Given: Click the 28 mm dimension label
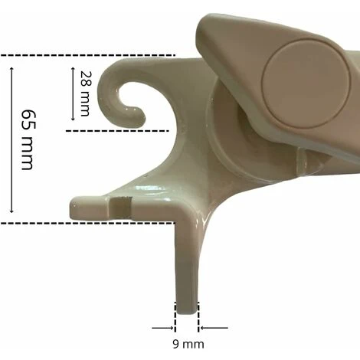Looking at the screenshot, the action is point(85,93).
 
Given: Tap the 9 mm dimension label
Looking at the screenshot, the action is point(188,344).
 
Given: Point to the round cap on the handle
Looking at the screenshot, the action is point(306,83).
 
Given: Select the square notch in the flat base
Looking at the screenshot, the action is point(120,208).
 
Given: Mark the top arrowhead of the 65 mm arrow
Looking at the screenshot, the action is point(11,69).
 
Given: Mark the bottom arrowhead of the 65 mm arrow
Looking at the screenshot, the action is point(11,211).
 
